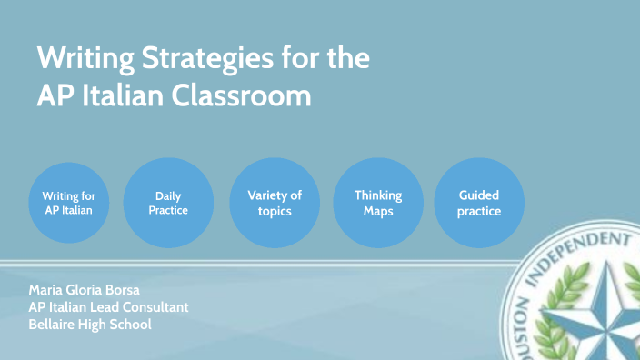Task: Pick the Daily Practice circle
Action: [x=168, y=203]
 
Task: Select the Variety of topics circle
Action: [x=275, y=203]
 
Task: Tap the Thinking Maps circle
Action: [x=377, y=203]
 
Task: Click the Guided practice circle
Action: [x=479, y=203]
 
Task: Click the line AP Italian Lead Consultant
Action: [x=108, y=307]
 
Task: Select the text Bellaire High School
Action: [x=89, y=325]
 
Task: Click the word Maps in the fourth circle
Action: [x=377, y=211]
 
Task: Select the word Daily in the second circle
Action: [x=168, y=195]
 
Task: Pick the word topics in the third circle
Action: [x=275, y=211]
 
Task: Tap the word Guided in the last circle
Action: [x=479, y=195]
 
